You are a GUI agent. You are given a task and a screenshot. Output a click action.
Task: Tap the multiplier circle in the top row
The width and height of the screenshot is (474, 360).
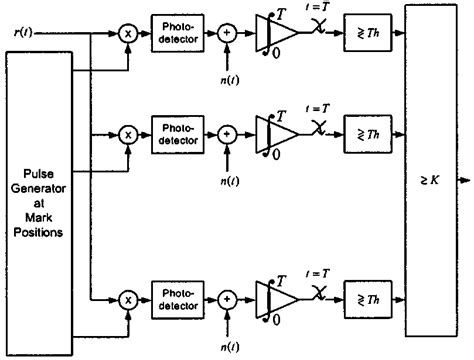(x=128, y=33)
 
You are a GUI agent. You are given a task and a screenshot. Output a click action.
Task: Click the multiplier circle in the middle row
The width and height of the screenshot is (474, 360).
(x=128, y=131)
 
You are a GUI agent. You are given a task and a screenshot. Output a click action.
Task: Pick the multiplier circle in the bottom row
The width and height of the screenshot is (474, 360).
(x=128, y=297)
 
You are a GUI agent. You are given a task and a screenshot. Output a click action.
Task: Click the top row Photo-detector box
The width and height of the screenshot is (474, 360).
(x=175, y=33)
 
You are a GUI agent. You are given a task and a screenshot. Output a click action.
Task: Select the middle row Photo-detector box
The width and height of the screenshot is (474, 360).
(x=175, y=131)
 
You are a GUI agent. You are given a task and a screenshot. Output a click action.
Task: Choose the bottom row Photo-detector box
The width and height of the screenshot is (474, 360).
(x=175, y=297)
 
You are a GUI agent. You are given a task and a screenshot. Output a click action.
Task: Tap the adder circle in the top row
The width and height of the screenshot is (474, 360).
(x=228, y=33)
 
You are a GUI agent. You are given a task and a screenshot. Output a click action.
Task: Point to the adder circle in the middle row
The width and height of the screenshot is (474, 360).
(x=228, y=131)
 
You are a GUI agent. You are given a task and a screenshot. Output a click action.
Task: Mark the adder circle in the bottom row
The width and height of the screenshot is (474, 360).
(x=228, y=297)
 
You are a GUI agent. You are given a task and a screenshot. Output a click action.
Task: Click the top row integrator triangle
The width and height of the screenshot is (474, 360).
(x=272, y=33)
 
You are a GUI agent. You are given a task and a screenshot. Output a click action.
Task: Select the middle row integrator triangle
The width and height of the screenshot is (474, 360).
(x=272, y=131)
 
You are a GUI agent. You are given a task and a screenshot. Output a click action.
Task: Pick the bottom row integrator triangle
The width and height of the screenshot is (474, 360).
(x=272, y=297)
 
